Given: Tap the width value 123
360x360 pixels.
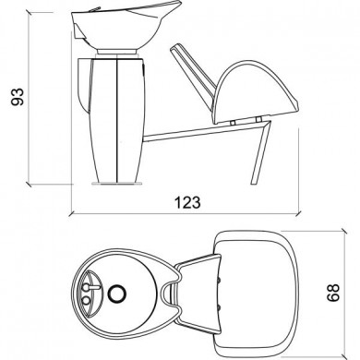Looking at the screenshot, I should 180,201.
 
